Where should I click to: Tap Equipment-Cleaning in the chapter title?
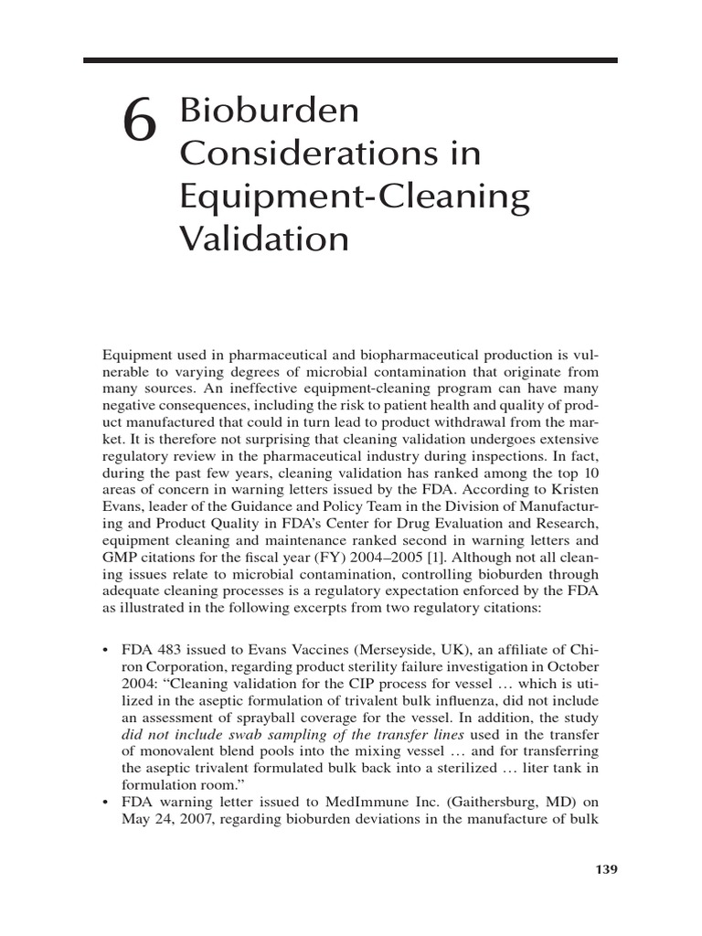(x=355, y=197)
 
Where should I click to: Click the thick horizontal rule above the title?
(x=350, y=60)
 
